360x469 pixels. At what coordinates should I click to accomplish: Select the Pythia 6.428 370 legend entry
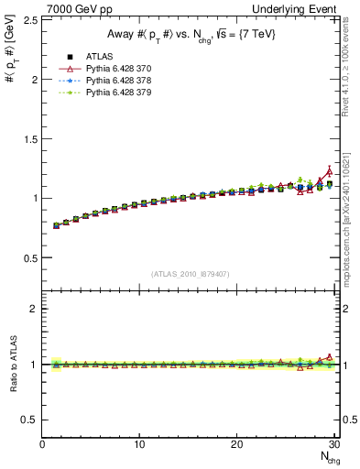pyautogui.click(x=116, y=69)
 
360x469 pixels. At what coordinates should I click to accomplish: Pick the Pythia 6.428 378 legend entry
pyautogui.click(x=116, y=81)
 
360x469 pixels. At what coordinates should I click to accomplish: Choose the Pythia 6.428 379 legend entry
pyautogui.click(x=116, y=93)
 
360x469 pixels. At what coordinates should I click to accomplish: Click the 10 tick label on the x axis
pyautogui.click(x=139, y=445)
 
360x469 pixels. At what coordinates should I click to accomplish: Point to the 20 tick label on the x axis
pyautogui.click(x=236, y=445)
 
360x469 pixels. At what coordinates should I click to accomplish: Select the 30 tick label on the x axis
pyautogui.click(x=333, y=445)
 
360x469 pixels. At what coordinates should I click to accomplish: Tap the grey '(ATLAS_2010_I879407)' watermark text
pyautogui.click(x=191, y=272)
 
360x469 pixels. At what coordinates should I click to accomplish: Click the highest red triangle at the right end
pyautogui.click(x=330, y=171)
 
